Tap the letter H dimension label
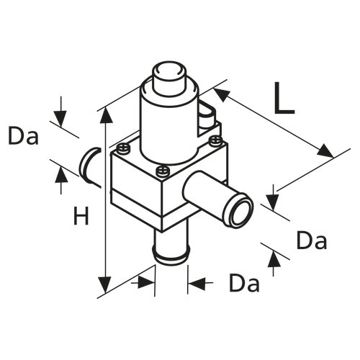coord(81,215)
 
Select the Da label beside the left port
coord(24,135)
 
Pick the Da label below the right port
coord(311,241)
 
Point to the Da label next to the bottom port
coord(244,284)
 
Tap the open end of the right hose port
coord(238,213)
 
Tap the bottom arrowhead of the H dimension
coord(107,287)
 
